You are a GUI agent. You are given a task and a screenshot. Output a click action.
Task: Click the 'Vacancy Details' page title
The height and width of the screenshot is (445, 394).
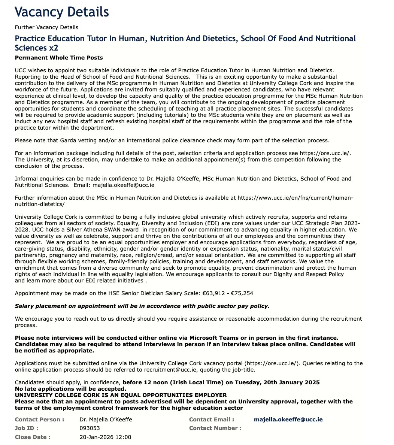(x=62, y=12)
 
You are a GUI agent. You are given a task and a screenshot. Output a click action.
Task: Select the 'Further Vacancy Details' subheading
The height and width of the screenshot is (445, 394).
(x=46, y=27)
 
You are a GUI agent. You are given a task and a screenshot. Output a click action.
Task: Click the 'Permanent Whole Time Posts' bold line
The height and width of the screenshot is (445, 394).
(x=59, y=58)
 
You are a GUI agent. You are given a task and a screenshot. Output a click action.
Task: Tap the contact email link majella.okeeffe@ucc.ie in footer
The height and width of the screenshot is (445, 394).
(x=288, y=420)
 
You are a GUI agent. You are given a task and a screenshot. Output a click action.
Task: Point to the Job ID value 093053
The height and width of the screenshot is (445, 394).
(x=90, y=428)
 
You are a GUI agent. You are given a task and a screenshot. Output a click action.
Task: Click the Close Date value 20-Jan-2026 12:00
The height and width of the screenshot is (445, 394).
(x=105, y=437)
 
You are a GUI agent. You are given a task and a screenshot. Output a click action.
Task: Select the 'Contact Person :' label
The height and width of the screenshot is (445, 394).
(x=39, y=420)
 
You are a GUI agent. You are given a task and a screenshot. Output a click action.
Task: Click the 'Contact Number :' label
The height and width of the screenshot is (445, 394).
(x=215, y=428)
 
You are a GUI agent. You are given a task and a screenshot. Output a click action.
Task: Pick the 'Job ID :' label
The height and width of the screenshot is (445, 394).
(x=27, y=428)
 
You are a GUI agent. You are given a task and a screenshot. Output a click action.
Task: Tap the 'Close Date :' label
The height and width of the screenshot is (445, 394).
(x=33, y=437)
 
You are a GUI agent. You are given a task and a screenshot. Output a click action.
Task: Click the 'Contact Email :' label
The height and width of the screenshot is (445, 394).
(x=212, y=420)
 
